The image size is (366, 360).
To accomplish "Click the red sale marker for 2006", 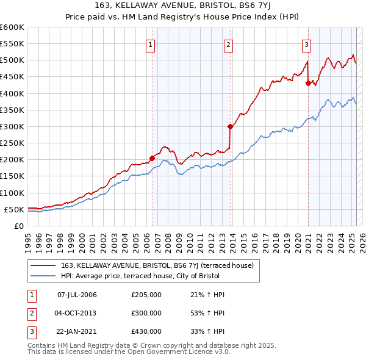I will coord(152,158).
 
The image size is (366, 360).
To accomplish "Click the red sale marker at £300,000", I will coord(230,127).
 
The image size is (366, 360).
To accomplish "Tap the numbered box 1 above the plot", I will coord(150,44).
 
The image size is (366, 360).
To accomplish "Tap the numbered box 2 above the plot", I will coord(228,44).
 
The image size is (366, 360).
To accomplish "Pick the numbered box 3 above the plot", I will coord(306,44).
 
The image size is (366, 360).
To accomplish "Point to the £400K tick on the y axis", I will coord(12,93).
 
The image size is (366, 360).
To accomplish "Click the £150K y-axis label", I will coord(12,176).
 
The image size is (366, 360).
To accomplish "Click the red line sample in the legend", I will coord(43,265).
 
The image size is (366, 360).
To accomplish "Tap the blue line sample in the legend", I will coord(43,276).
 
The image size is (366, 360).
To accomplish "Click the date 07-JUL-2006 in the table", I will coord(77,295).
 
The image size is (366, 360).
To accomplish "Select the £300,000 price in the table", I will coord(146,313).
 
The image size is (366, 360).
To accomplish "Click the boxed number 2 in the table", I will coord(32,313).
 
